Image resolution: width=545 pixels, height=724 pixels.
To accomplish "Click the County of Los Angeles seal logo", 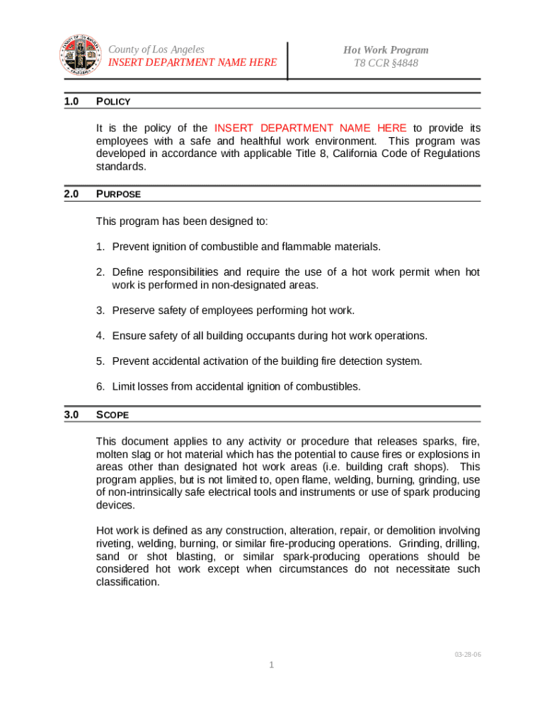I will point(80,57).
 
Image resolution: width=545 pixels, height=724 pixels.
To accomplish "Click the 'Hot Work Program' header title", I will point(386,49).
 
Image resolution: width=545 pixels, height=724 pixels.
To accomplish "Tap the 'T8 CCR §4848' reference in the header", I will point(386,63).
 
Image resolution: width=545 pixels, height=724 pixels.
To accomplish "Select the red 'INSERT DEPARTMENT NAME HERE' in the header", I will point(192,63).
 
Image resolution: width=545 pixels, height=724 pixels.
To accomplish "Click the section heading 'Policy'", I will point(113,102).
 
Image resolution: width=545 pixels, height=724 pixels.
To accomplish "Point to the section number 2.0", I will point(71,194).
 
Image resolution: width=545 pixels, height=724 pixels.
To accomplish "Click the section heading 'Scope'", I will point(112,415).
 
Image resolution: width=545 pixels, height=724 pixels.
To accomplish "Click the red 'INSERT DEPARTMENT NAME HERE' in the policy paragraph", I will point(310,128).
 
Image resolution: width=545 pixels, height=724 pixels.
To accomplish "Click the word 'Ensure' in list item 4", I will point(127,336).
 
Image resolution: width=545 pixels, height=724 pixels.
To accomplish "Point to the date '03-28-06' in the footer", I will point(468,655).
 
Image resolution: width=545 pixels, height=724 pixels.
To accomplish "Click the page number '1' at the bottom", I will point(271,665).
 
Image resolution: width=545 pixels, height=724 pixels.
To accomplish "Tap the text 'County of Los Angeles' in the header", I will point(156,49).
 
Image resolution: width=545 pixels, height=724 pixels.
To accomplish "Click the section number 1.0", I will point(71,102).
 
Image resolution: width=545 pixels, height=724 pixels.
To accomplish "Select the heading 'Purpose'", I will point(118,194).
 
